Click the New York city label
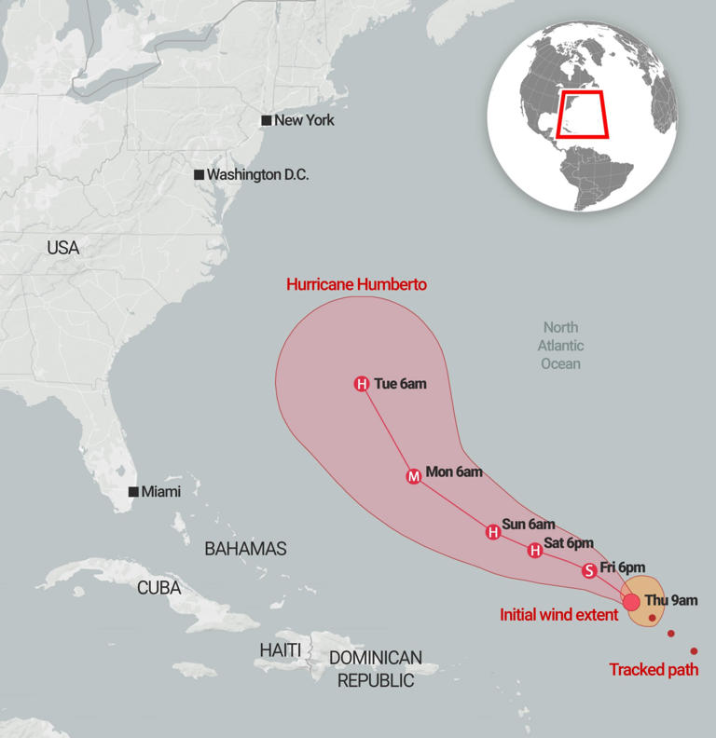tap(304, 120)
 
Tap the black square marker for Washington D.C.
tap(199, 175)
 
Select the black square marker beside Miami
tap(134, 492)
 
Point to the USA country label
tap(62, 248)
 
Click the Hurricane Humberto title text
tap(356, 284)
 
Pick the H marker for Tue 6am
tap(362, 384)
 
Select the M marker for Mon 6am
tap(414, 476)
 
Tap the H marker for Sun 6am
tap(492, 532)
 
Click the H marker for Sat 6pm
tap(534, 551)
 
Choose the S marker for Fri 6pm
tap(588, 570)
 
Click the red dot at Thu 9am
tap(631, 601)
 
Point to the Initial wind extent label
tap(558, 615)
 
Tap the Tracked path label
tap(654, 669)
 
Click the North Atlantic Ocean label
tap(560, 345)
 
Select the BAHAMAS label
tap(245, 549)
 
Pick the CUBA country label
tap(158, 588)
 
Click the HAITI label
tap(281, 649)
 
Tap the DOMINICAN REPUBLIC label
tap(375, 669)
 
